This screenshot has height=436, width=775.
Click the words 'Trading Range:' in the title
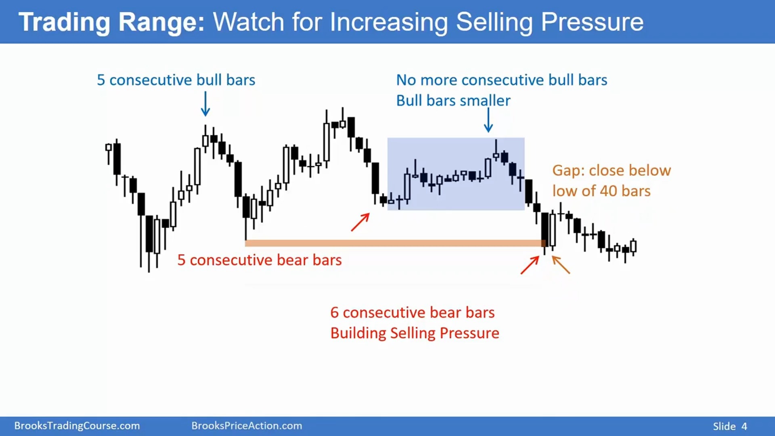[x=112, y=22]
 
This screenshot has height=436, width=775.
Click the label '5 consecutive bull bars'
[x=176, y=80]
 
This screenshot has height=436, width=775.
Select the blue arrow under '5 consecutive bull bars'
[x=205, y=104]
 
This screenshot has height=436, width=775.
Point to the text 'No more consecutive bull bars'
[x=501, y=80]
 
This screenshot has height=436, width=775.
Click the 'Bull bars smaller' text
[x=453, y=101]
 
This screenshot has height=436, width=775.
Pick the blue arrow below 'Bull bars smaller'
[x=488, y=120]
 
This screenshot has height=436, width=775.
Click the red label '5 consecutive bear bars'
[x=260, y=260]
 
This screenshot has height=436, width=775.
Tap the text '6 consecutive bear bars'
[x=413, y=312]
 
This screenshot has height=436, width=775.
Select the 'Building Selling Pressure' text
[x=415, y=333]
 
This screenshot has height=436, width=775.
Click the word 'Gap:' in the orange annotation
[x=568, y=171]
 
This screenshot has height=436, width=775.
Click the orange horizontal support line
[x=395, y=243]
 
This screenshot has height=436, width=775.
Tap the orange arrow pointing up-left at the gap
[x=561, y=265]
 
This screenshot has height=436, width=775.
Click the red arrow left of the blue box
[x=360, y=222]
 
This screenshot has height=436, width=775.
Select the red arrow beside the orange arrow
[x=530, y=265]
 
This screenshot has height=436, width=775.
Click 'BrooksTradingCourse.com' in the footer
[x=77, y=426]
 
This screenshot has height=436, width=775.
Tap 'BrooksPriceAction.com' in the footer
[x=247, y=426]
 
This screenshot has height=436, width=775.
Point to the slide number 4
[x=744, y=426]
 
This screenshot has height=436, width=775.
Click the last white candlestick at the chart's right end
[x=633, y=246]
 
